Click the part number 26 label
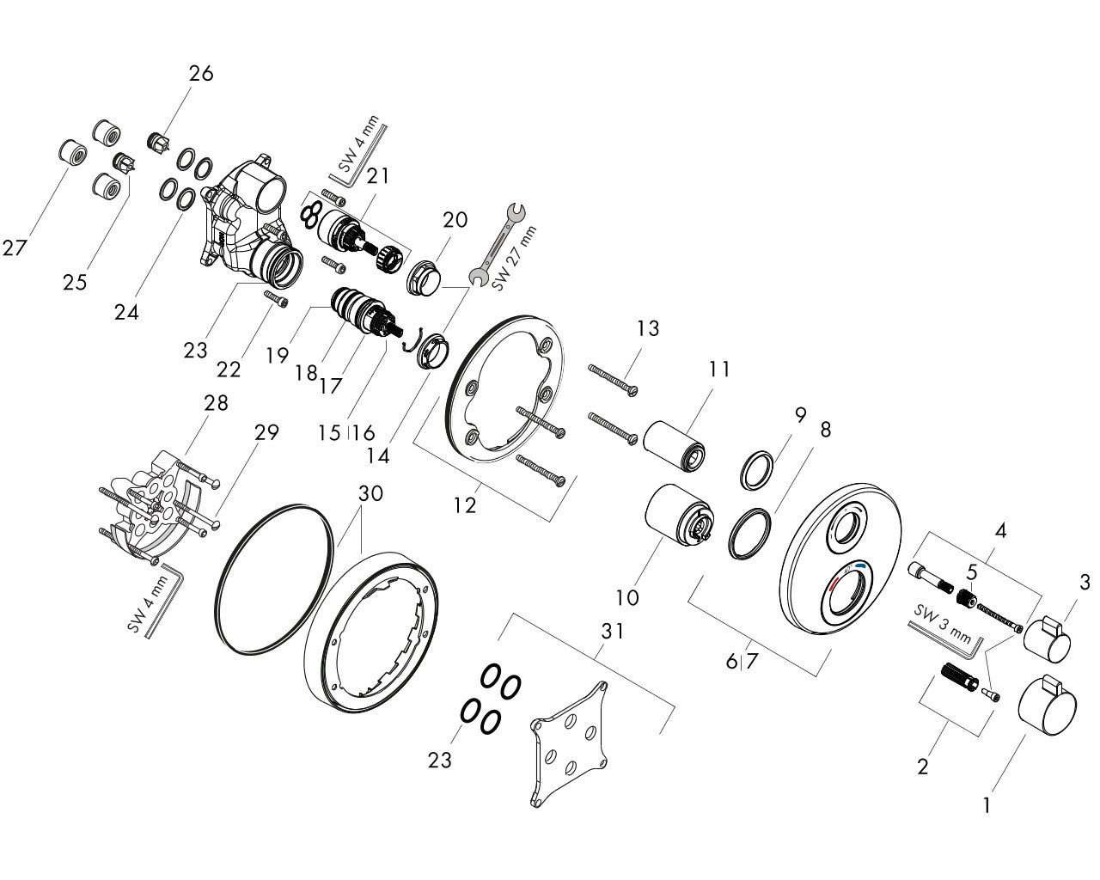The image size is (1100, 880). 201,74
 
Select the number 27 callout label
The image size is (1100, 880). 15,248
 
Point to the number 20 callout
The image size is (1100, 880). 455,220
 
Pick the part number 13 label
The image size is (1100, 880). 648,328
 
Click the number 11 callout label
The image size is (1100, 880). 719,370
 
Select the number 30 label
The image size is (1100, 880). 370,494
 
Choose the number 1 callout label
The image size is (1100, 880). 987,806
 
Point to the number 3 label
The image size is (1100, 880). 1085,583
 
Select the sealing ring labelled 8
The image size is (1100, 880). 749,535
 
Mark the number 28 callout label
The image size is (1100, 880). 216,403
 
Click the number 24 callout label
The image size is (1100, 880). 126,312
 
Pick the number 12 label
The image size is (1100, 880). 465,505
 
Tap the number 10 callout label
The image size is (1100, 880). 628,597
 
